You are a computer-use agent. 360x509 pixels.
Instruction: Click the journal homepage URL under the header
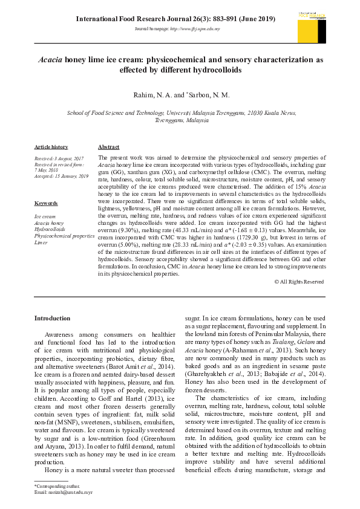click(x=177, y=29)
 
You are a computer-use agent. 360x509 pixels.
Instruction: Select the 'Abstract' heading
click(x=108, y=147)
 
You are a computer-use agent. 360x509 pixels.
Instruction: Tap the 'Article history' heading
click(x=51, y=147)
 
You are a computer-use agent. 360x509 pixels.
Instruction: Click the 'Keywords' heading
click(x=46, y=203)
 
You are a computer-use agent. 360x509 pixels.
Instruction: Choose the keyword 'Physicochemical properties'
click(x=64, y=236)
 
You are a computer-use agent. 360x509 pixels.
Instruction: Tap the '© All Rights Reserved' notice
click(x=299, y=282)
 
